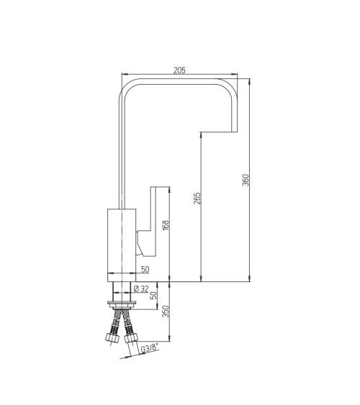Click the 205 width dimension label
pyautogui.click(x=179, y=70)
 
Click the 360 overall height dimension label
pyautogui.click(x=246, y=180)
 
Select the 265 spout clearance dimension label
pyautogui.click(x=197, y=198)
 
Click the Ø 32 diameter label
pyautogui.click(x=142, y=288)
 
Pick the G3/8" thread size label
pyautogui.click(x=149, y=349)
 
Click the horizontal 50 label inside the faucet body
pyautogui.click(x=145, y=269)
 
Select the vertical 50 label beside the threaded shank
pyautogui.click(x=153, y=295)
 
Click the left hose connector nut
pyautogui.click(x=112, y=338)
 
